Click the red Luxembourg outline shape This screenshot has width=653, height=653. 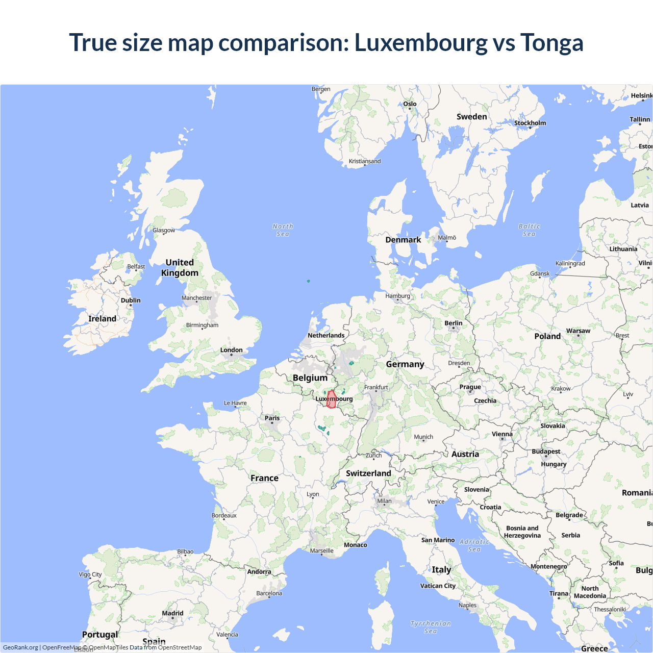(331, 399)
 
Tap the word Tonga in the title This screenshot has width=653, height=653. (551, 42)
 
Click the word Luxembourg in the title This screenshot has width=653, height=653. (421, 42)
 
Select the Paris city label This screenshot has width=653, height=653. (272, 418)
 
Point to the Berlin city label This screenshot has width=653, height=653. (453, 323)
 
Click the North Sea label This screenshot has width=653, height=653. (283, 230)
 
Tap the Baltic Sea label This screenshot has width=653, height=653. (529, 230)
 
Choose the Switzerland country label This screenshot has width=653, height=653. (368, 473)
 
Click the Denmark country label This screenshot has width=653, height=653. (403, 240)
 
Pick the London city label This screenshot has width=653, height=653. (231, 350)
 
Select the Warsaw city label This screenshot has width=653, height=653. (578, 331)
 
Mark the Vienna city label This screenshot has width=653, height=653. (502, 434)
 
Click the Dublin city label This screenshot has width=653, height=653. (131, 300)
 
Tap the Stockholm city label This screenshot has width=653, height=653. (530, 123)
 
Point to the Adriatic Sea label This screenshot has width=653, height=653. (474, 545)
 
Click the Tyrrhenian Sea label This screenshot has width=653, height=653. (431, 627)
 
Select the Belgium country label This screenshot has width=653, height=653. (310, 378)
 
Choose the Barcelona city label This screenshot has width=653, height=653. (269, 593)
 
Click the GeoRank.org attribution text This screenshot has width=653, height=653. (20, 647)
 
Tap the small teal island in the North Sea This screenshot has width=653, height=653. (308, 281)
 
